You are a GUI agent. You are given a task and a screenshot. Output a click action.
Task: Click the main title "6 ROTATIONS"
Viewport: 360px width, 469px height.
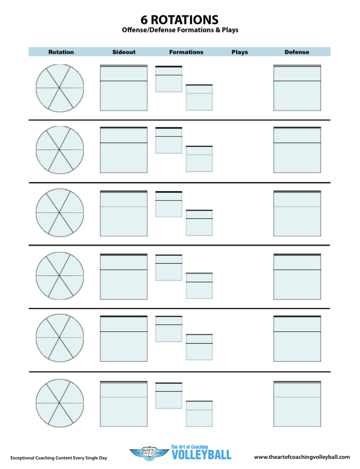[x=179, y=20]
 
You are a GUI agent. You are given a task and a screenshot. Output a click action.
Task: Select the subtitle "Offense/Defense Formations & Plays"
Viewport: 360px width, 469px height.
[x=180, y=30]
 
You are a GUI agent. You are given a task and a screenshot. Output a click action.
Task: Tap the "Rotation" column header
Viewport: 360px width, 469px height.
[x=61, y=52]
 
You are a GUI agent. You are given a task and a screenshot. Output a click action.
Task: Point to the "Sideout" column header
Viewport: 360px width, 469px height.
[x=124, y=52]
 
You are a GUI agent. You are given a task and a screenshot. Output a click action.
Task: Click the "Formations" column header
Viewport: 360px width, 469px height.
[x=186, y=52]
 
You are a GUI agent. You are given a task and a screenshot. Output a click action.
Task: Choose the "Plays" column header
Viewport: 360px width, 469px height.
[x=240, y=52]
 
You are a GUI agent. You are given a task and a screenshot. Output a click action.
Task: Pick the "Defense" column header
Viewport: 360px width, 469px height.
[x=297, y=52]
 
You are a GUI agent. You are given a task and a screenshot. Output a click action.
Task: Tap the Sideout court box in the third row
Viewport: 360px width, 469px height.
[x=124, y=213]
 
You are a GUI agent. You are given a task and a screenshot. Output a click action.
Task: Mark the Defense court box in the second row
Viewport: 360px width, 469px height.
[x=297, y=150]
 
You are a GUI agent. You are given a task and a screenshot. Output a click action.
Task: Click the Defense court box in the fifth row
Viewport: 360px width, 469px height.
[x=297, y=339]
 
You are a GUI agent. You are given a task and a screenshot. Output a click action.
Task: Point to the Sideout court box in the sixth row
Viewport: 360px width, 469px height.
[x=124, y=404]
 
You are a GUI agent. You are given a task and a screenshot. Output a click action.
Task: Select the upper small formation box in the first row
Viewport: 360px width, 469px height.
[x=169, y=79]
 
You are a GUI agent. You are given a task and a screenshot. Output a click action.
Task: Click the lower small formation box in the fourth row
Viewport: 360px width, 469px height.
[x=199, y=285]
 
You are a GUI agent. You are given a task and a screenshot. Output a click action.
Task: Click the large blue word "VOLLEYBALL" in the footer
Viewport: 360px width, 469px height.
[x=201, y=455]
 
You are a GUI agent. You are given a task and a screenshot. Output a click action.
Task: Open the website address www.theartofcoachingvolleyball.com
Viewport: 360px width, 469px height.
[x=302, y=457]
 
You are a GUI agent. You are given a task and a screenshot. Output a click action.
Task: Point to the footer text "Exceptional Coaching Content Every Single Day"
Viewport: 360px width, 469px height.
[x=59, y=458]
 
